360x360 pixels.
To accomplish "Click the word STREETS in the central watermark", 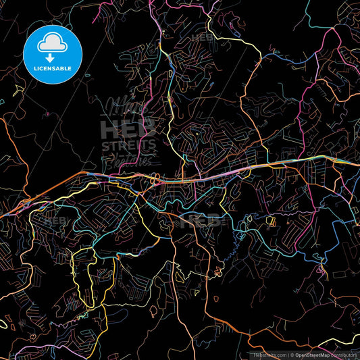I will (x=128, y=145).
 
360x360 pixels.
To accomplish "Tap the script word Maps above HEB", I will (x=125, y=108).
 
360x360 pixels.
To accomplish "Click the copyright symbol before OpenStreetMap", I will (x=291, y=354).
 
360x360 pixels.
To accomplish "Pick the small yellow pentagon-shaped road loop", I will (x=273, y=222).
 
